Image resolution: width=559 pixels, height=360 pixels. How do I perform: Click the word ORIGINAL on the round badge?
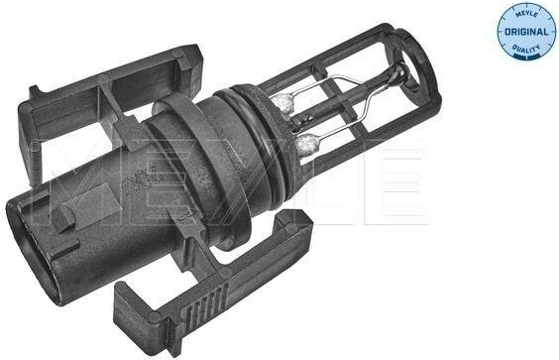click(x=526, y=32)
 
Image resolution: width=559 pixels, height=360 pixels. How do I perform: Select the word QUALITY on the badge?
click(x=526, y=49)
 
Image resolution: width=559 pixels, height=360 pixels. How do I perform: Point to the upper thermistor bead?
click(x=284, y=103)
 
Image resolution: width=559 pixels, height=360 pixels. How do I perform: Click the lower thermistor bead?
click(x=307, y=144)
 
